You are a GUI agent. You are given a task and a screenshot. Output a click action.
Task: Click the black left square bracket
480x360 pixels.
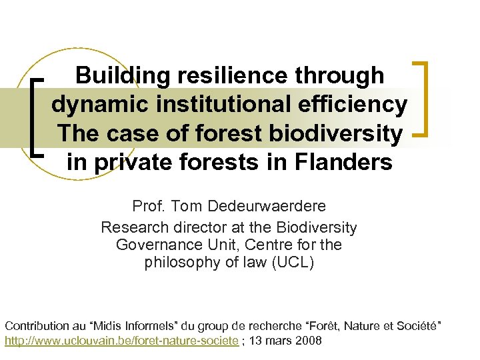tap(37, 116)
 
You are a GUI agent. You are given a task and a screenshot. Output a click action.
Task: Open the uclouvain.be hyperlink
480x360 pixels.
tap(121, 341)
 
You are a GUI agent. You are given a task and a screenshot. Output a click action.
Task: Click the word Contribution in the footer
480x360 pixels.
tap(37, 326)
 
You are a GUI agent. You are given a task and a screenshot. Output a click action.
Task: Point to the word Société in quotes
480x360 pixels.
tap(414, 326)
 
